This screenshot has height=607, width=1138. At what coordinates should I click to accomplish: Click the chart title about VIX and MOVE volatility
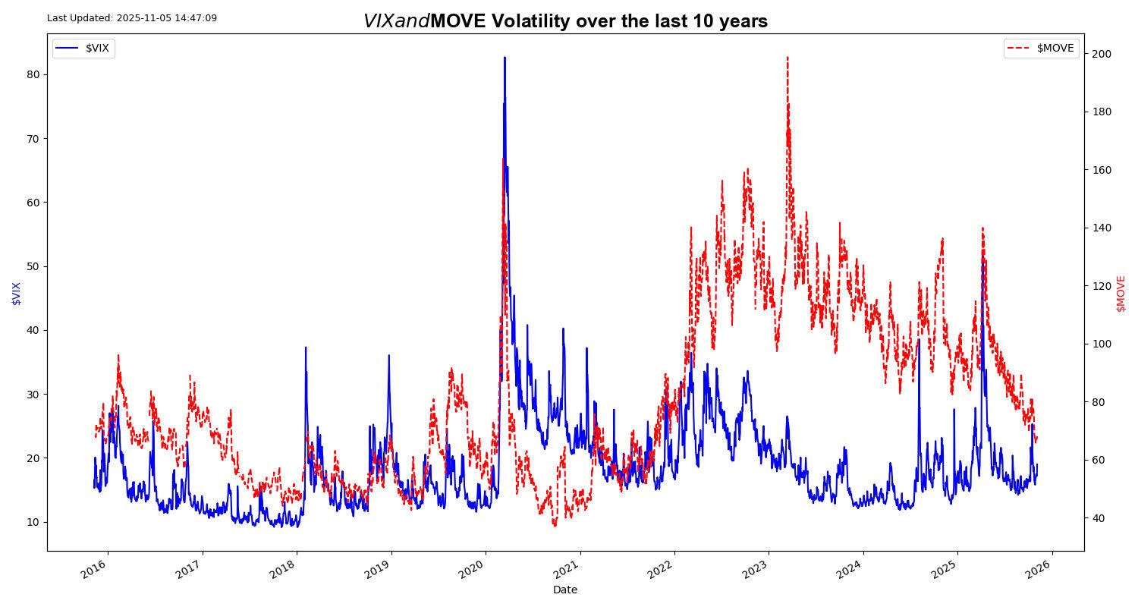click(x=565, y=21)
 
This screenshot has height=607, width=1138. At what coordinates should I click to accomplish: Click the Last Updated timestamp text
click(x=132, y=17)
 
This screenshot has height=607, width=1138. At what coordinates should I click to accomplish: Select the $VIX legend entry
click(x=83, y=49)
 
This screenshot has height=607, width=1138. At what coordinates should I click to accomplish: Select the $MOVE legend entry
click(x=1041, y=49)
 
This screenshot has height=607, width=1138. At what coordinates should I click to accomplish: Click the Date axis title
click(x=565, y=590)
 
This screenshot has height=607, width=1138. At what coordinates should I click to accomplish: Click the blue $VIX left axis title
click(x=17, y=293)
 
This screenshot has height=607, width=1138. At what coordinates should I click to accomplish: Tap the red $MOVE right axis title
click(x=1121, y=293)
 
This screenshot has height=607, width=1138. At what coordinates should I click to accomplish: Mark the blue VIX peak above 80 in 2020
click(x=505, y=58)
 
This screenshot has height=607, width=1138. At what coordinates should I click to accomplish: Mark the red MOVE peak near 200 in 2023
click(x=787, y=57)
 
